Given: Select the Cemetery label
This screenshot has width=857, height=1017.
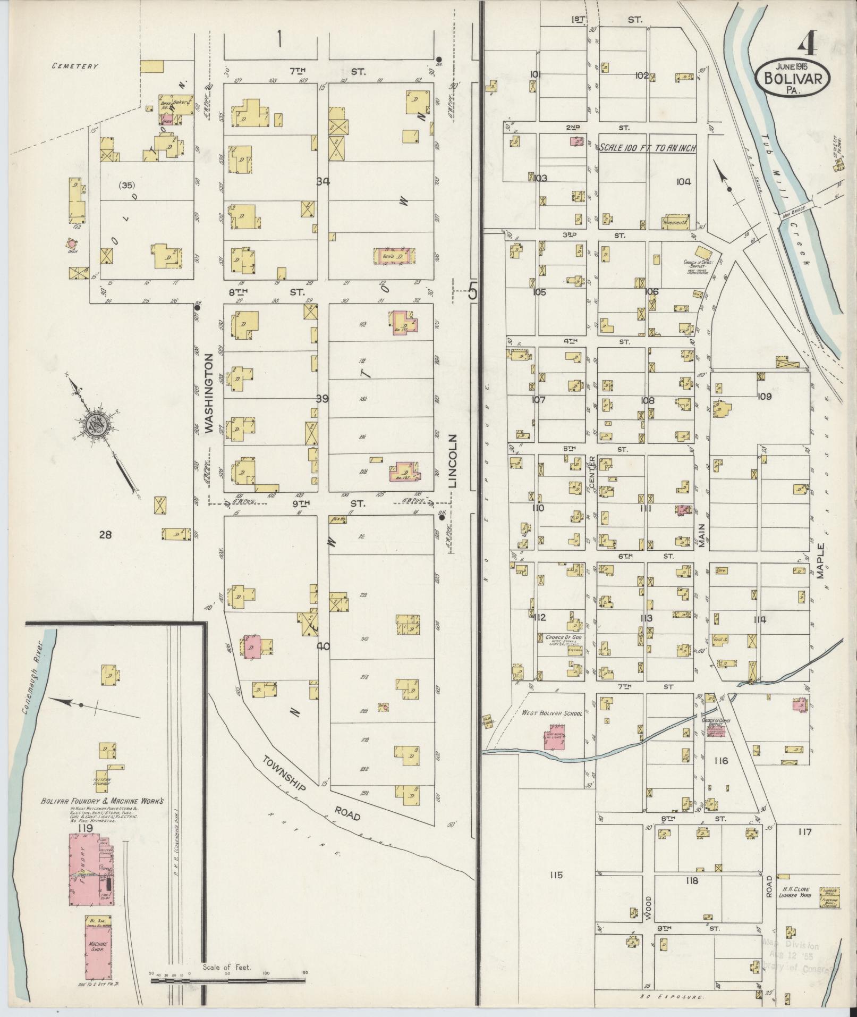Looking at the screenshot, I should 75,66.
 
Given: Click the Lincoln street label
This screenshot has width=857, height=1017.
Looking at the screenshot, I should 452,461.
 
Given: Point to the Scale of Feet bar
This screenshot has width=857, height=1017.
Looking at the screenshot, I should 228,978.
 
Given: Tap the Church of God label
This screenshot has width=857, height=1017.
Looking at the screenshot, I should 561,637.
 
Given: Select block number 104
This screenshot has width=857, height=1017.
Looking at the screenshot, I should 683,182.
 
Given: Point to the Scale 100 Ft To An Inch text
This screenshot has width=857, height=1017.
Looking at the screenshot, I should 647,148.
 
